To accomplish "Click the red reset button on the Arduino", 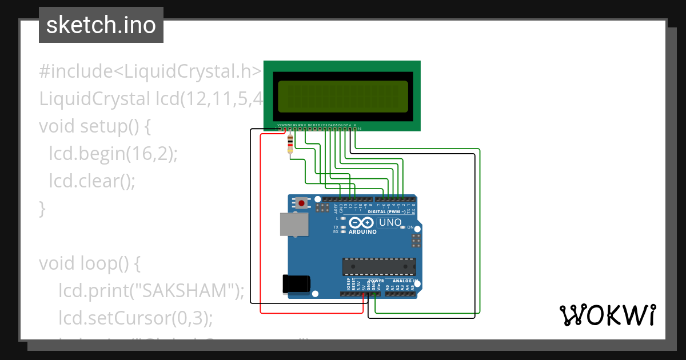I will point(301,203).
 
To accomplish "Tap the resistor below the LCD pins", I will point(290,144).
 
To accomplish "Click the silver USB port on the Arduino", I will point(294,224).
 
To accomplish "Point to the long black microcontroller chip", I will point(378,266).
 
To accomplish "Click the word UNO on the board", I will point(390,222).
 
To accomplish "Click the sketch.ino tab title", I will point(101,25).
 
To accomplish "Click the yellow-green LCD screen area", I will point(343,97).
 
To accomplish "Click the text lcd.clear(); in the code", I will point(92,181).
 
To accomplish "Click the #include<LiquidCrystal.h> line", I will point(150,71).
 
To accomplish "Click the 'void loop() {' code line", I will point(89,263).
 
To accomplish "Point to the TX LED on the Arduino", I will point(342,227).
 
